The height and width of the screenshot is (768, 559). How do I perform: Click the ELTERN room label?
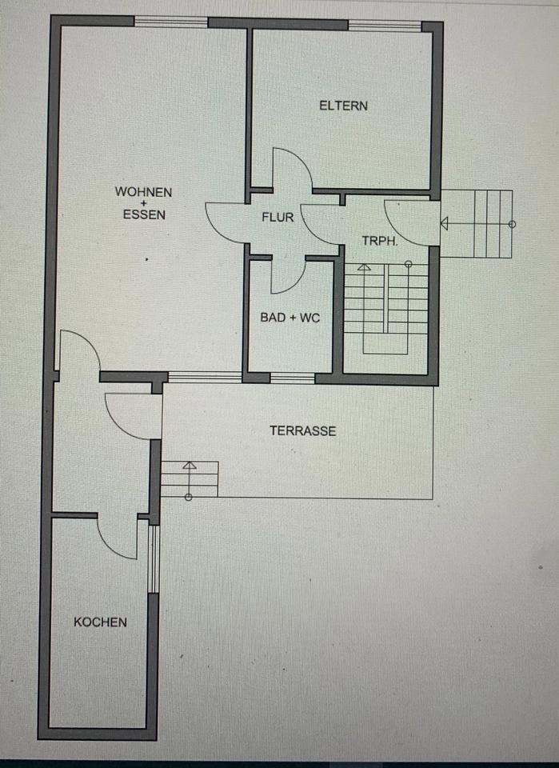(x=343, y=105)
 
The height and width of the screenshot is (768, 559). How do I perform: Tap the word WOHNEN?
(x=143, y=192)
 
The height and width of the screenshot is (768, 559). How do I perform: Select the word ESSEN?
(x=144, y=214)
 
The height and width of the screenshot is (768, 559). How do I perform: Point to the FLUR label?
(x=278, y=217)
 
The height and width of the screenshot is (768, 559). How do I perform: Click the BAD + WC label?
(x=289, y=318)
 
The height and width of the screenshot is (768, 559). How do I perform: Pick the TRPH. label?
(x=379, y=241)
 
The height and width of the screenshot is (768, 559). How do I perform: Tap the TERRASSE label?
(x=302, y=430)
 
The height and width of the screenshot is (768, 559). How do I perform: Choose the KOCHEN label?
(x=100, y=622)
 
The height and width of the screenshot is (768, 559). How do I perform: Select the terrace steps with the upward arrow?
(x=190, y=479)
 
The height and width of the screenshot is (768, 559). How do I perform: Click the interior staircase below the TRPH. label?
(x=385, y=308)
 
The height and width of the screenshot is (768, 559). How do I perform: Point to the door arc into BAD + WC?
(x=288, y=275)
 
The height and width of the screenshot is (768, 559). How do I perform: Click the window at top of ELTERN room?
(x=385, y=26)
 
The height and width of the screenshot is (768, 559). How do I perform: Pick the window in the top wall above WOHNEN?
(x=170, y=22)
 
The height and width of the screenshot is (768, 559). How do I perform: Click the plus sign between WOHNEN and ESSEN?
(x=144, y=203)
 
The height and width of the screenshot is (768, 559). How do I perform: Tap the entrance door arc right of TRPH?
(x=413, y=222)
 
